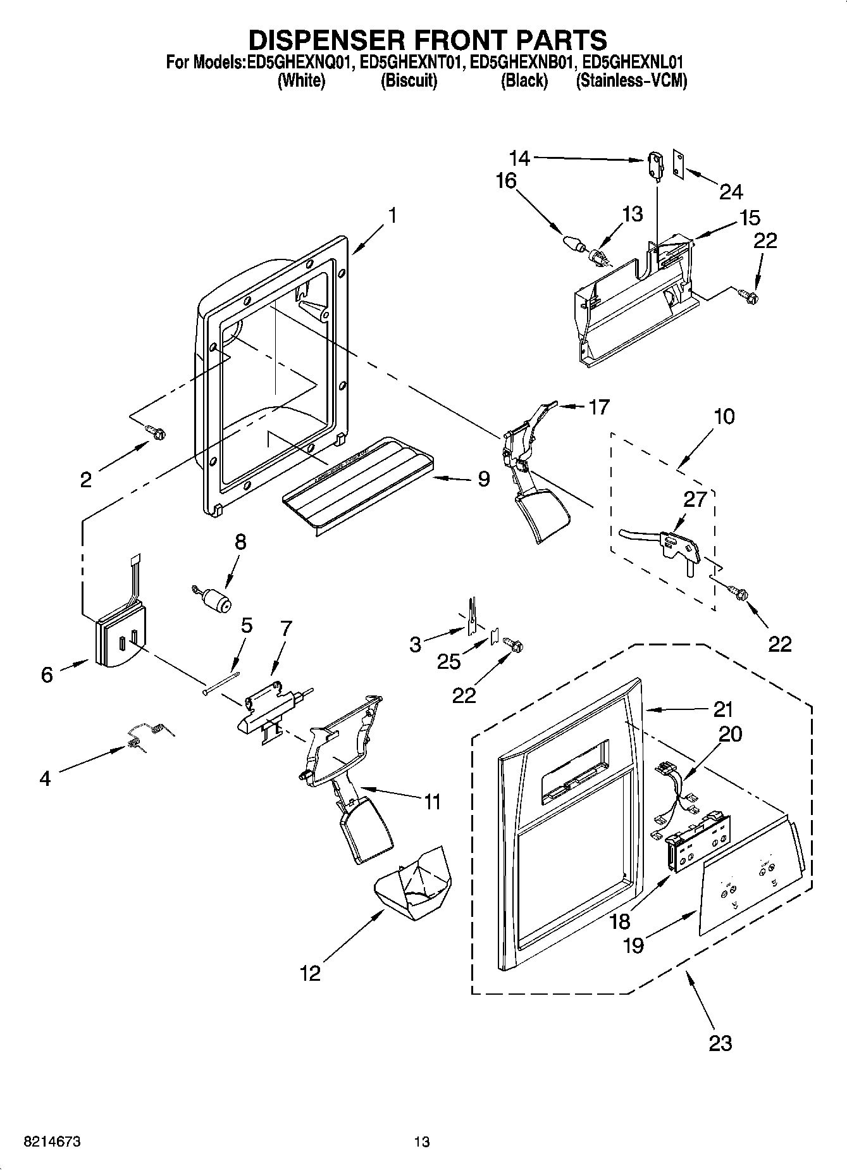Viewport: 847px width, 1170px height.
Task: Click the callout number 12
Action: [x=310, y=973]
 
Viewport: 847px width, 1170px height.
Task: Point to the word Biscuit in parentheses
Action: [x=409, y=81]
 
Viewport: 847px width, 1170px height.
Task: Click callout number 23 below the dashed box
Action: [x=720, y=1043]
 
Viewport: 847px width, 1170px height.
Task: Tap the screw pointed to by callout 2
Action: [x=156, y=433]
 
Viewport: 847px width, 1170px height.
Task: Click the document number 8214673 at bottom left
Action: [x=53, y=1142]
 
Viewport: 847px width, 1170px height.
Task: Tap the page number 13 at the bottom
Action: [x=422, y=1142]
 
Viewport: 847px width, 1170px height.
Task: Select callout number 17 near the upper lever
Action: [x=598, y=407]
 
